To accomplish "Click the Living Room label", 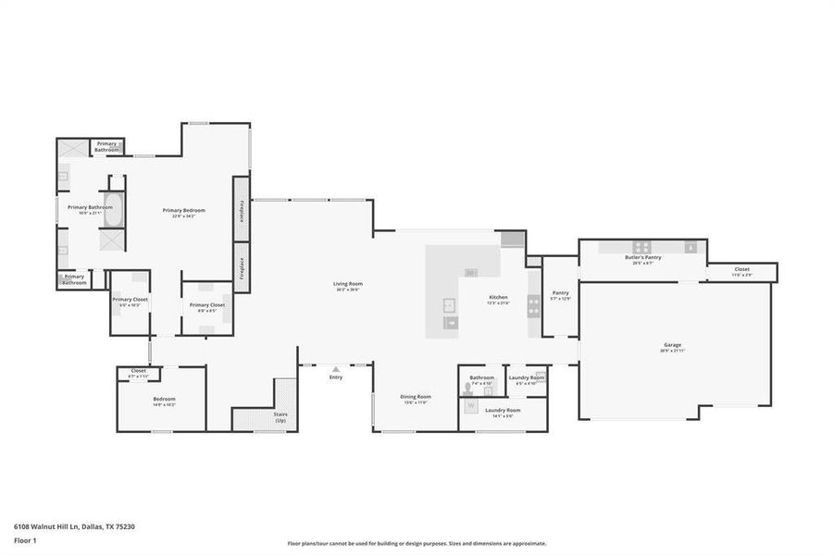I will pos(348,286).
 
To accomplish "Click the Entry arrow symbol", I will pos(336,368).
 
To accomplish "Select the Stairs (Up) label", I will pos(280,418).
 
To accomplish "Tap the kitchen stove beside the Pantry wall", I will pos(534,305).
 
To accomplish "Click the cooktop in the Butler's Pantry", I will pos(691,247).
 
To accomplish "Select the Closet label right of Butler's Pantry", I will pos(742,271).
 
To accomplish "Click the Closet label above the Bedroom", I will pos(138,373).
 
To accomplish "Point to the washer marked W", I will pos(470,405).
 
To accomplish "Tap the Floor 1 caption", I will pos(24,538).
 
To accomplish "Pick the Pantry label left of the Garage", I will pos(561,295).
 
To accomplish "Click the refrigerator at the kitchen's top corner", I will pos(512,240).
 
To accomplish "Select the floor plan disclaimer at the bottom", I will pos(417,544).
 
